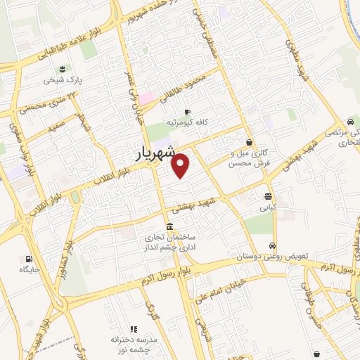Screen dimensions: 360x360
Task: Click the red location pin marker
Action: tap(181, 165)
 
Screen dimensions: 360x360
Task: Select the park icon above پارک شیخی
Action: tap(63, 69)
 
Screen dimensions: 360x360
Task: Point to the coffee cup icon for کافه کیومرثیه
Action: tap(187, 112)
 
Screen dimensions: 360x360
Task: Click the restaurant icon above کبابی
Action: tap(269, 197)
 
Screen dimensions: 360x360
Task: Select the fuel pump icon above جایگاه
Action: tap(29, 258)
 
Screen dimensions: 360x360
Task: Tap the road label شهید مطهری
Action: tap(300, 58)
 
